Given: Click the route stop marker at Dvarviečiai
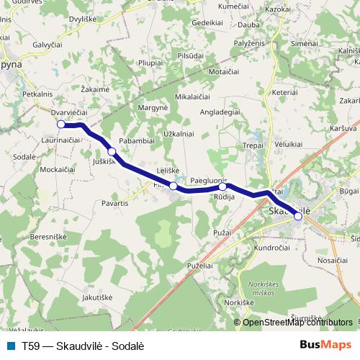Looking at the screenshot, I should [x=61, y=125].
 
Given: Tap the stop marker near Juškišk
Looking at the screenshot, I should [x=112, y=151].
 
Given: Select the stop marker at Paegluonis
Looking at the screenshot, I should [x=222, y=187].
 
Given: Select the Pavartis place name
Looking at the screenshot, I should [x=115, y=203].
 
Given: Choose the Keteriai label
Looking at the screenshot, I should [x=285, y=93].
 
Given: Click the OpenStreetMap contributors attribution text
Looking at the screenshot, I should [x=297, y=322].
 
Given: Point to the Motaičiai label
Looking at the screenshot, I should [x=223, y=73].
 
